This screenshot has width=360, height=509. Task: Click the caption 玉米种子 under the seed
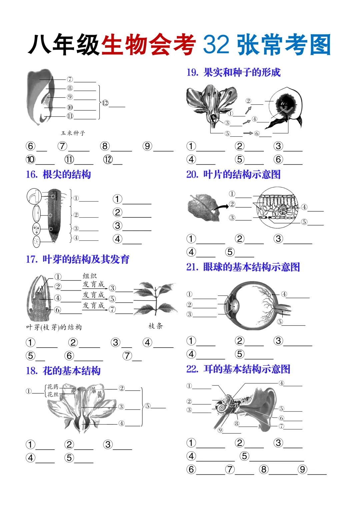point(73,133)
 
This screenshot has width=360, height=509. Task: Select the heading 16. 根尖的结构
point(58,174)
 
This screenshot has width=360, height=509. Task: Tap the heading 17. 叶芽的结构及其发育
point(78,259)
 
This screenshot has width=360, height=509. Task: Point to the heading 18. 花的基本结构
point(63,371)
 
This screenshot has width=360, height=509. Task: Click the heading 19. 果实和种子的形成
point(233,72)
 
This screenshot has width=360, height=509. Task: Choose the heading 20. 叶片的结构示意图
point(233,174)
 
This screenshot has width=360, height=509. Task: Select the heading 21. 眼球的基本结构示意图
point(243,267)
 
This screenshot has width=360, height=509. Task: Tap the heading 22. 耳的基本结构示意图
point(238,369)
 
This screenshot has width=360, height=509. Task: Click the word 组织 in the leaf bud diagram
point(90,276)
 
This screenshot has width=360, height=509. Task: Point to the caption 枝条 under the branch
point(156,326)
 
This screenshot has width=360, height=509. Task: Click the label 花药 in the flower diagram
point(53,387)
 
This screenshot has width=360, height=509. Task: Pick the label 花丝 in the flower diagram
point(53,394)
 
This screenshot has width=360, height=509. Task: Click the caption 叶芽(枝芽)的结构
point(54,327)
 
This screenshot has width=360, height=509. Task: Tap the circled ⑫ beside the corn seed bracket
point(105,103)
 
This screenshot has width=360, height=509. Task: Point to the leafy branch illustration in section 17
point(155,298)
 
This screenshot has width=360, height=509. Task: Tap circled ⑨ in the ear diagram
point(220,430)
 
